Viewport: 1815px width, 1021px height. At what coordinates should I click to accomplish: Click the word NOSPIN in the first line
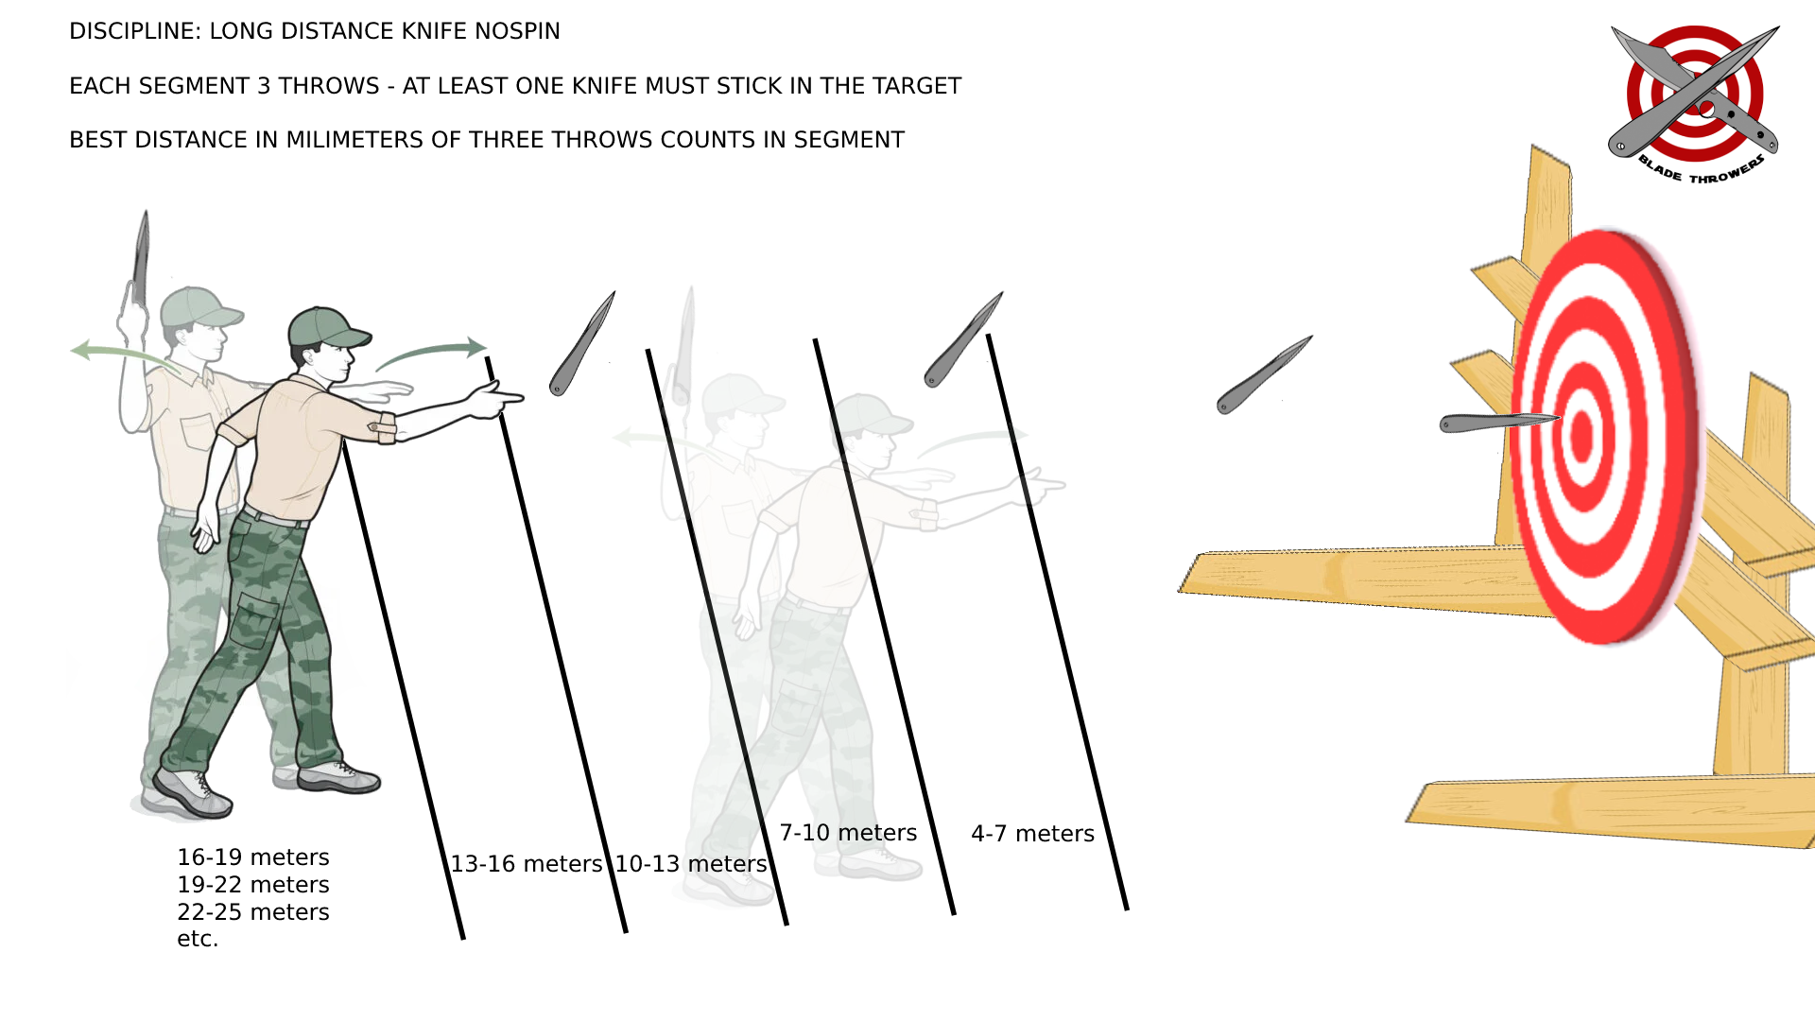click(517, 31)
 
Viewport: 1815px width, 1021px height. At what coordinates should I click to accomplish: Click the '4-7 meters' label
click(1032, 834)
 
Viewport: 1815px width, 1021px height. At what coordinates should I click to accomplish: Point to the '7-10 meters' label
click(848, 833)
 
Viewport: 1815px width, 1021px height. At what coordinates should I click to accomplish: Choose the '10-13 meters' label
click(691, 864)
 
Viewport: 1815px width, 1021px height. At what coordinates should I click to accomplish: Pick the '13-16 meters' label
click(526, 864)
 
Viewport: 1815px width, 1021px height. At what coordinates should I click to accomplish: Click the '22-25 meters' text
click(253, 912)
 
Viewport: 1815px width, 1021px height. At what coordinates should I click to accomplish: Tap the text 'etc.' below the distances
click(198, 939)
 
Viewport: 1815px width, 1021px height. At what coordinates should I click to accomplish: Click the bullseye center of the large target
click(1582, 436)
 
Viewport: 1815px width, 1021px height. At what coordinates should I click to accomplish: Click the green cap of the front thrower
click(326, 327)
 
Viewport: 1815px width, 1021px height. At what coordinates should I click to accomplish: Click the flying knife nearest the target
click(1263, 375)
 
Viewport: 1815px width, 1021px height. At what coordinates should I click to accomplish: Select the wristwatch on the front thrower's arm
click(386, 428)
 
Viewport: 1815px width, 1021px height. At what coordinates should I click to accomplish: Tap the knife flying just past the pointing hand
click(581, 344)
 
